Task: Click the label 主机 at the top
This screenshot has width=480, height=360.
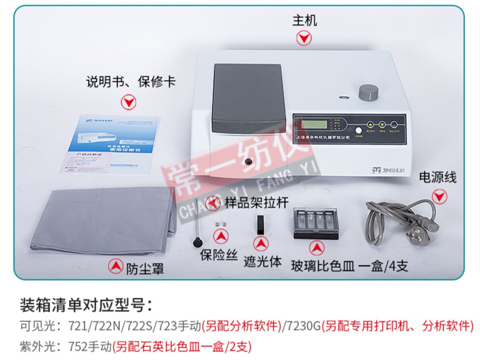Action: click(304, 19)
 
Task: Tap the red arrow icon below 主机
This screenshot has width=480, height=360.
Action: click(305, 39)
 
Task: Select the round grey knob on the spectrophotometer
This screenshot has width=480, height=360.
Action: click(366, 93)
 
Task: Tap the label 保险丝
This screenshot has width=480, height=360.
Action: click(219, 255)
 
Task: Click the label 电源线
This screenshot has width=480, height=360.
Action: click(437, 177)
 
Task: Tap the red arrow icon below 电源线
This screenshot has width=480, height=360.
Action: click(438, 196)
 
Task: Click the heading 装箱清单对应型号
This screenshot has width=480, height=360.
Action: click(87, 306)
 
